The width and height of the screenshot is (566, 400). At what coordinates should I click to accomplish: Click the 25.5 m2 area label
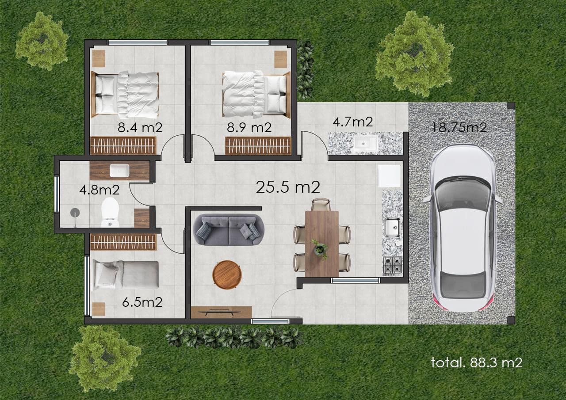pos(288,187)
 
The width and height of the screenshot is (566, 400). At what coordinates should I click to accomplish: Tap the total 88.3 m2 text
pos(476,362)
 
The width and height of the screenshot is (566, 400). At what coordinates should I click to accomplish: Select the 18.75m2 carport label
pos(459,127)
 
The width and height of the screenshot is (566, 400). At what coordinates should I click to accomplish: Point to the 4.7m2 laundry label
pos(352,122)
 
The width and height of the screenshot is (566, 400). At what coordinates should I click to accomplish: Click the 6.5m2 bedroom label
pos(142,302)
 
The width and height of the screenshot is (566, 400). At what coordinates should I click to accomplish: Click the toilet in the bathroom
pos(110,212)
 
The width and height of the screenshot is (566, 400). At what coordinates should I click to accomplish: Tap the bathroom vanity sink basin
pos(119,171)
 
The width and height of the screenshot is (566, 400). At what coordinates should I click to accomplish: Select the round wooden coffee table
pos(227,275)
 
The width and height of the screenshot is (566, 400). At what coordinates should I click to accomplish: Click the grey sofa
pos(229,230)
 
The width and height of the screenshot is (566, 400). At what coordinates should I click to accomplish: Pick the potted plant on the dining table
pos(320,249)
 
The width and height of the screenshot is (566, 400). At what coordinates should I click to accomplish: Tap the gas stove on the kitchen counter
pos(392,266)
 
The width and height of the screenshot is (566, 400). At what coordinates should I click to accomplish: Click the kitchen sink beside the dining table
pos(392,227)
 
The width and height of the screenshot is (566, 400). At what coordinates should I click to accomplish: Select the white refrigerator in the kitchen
pos(390,176)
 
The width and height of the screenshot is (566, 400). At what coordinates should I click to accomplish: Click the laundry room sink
pos(365,143)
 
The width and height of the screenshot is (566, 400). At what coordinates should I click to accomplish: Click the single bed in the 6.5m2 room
pos(126,275)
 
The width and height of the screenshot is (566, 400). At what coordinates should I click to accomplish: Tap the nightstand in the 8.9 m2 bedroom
pos(281,59)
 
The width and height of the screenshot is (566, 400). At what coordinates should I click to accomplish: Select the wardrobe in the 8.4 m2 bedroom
pos(123,145)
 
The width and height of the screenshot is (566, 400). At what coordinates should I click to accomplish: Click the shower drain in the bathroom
pos(75,213)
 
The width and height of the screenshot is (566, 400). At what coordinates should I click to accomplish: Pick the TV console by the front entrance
pos(221,312)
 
